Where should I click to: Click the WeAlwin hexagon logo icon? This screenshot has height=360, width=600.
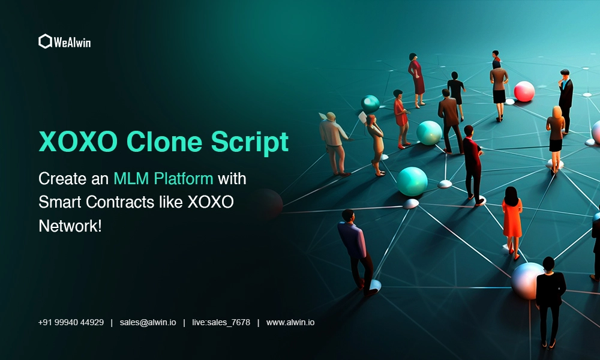coord(45,41)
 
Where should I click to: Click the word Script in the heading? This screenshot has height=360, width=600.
coord(250,143)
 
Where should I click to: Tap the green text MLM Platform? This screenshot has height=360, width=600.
coord(163,179)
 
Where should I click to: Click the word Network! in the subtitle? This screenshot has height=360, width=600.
coord(70,226)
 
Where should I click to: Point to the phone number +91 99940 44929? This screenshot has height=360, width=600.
coord(71,323)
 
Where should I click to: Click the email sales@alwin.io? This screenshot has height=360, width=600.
coord(148,323)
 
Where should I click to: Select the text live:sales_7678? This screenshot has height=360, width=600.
coord(221,323)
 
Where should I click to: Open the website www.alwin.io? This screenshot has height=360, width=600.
coord(290,323)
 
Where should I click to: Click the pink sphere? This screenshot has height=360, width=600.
coord(524,91)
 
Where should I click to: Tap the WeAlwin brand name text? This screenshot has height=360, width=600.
coord(73,42)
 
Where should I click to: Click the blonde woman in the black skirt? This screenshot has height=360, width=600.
coord(556,138)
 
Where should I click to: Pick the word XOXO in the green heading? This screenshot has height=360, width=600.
coord(78,142)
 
